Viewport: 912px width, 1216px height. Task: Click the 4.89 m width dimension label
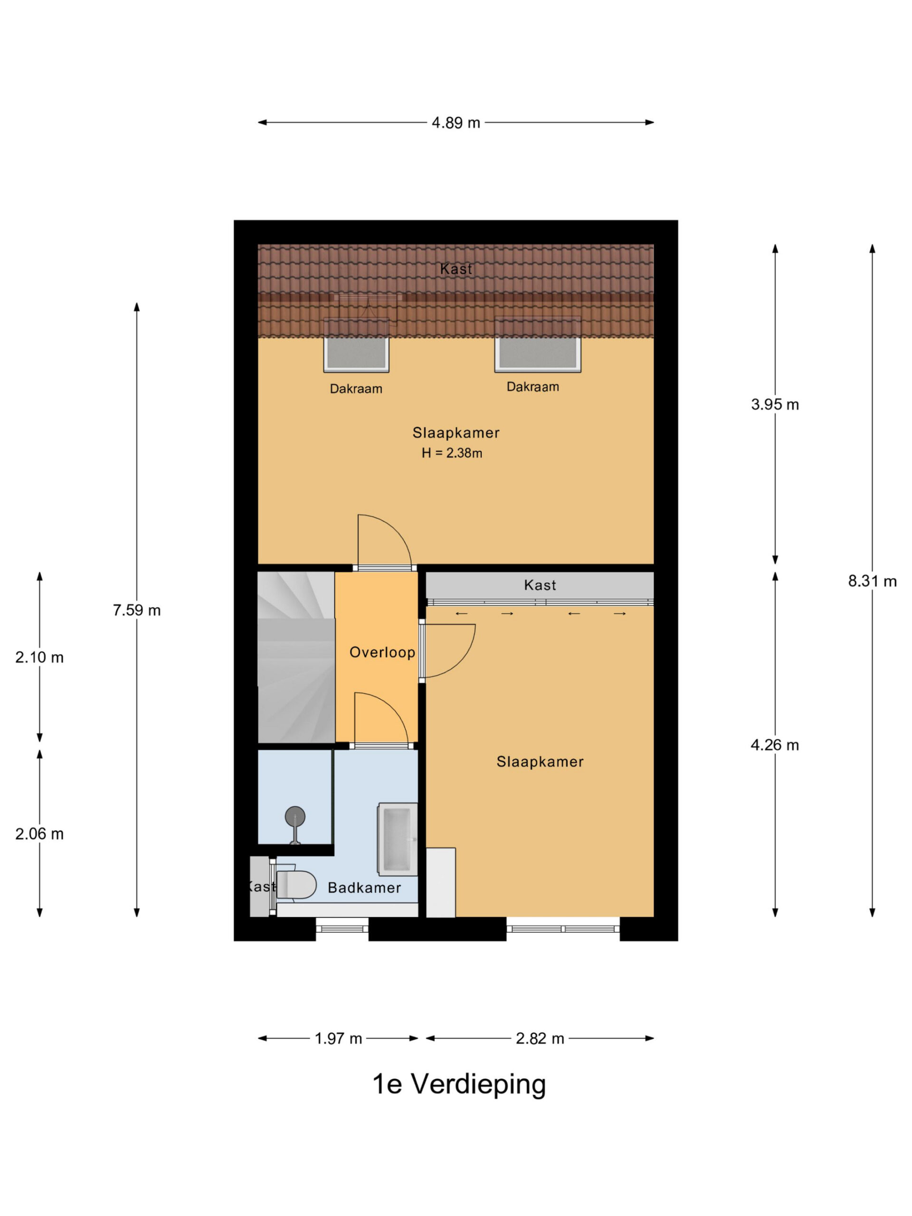point(456,123)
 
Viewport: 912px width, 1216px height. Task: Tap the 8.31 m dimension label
point(872,581)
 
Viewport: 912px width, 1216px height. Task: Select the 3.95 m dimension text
point(775,405)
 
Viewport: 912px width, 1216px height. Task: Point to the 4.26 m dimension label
point(775,745)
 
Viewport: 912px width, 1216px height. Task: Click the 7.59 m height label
point(137,610)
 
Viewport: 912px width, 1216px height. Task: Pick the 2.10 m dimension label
point(39,657)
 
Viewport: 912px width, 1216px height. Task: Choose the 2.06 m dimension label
point(39,834)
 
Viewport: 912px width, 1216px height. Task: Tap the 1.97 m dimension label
point(338,1038)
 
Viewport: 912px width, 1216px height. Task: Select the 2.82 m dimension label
point(540,1038)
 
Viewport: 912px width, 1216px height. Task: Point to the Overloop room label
point(382,653)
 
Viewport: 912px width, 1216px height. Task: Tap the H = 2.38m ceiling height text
point(452,453)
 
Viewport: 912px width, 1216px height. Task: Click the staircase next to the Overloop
point(296,657)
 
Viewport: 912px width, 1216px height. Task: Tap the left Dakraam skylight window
point(356,345)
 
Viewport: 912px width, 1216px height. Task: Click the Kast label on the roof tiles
point(456,269)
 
